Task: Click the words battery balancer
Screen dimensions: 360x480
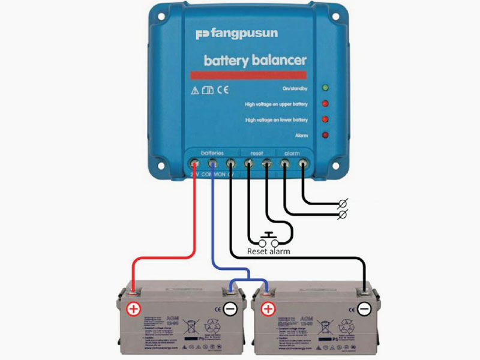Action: [255, 61]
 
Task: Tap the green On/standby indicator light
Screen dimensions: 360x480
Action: [325, 89]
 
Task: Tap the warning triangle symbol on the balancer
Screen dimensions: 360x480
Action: [194, 91]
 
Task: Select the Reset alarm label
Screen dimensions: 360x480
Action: [268, 251]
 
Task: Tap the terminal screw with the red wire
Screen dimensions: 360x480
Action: [195, 162]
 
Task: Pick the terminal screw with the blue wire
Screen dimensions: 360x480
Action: [212, 162]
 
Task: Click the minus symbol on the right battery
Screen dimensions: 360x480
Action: [364, 310]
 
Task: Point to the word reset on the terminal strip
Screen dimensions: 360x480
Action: [257, 153]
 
